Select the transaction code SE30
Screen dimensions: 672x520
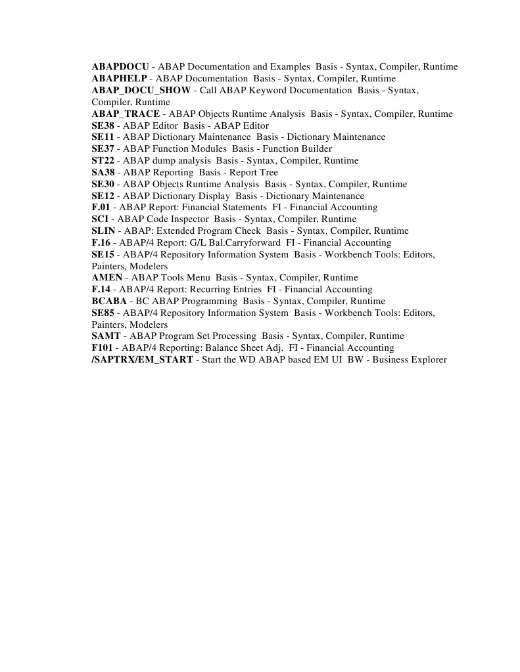(103, 185)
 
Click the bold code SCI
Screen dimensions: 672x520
(100, 219)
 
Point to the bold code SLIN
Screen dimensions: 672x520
(103, 231)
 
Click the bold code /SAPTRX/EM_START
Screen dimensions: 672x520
(143, 360)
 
